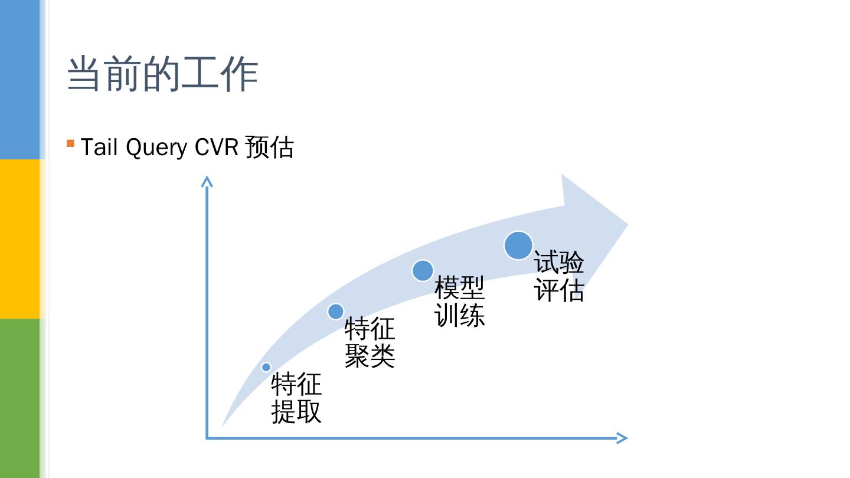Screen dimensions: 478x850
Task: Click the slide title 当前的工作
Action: click(x=162, y=74)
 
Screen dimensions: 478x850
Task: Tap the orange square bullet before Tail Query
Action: click(x=71, y=143)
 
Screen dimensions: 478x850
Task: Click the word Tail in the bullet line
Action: click(x=99, y=147)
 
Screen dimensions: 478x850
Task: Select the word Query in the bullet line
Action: click(x=156, y=148)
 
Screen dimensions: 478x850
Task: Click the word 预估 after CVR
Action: click(x=269, y=147)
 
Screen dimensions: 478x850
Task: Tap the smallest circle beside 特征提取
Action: click(x=266, y=367)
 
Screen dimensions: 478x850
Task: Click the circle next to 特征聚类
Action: click(x=335, y=311)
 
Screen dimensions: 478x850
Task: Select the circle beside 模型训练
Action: click(x=423, y=270)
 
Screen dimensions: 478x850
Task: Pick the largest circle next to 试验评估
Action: click(x=518, y=245)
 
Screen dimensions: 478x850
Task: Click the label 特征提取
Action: click(x=296, y=398)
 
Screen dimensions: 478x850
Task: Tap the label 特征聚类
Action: click(x=370, y=342)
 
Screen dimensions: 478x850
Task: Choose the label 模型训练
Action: click(x=459, y=302)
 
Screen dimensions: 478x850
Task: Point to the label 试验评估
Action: click(x=559, y=276)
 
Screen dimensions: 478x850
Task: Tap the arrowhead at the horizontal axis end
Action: click(x=622, y=438)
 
